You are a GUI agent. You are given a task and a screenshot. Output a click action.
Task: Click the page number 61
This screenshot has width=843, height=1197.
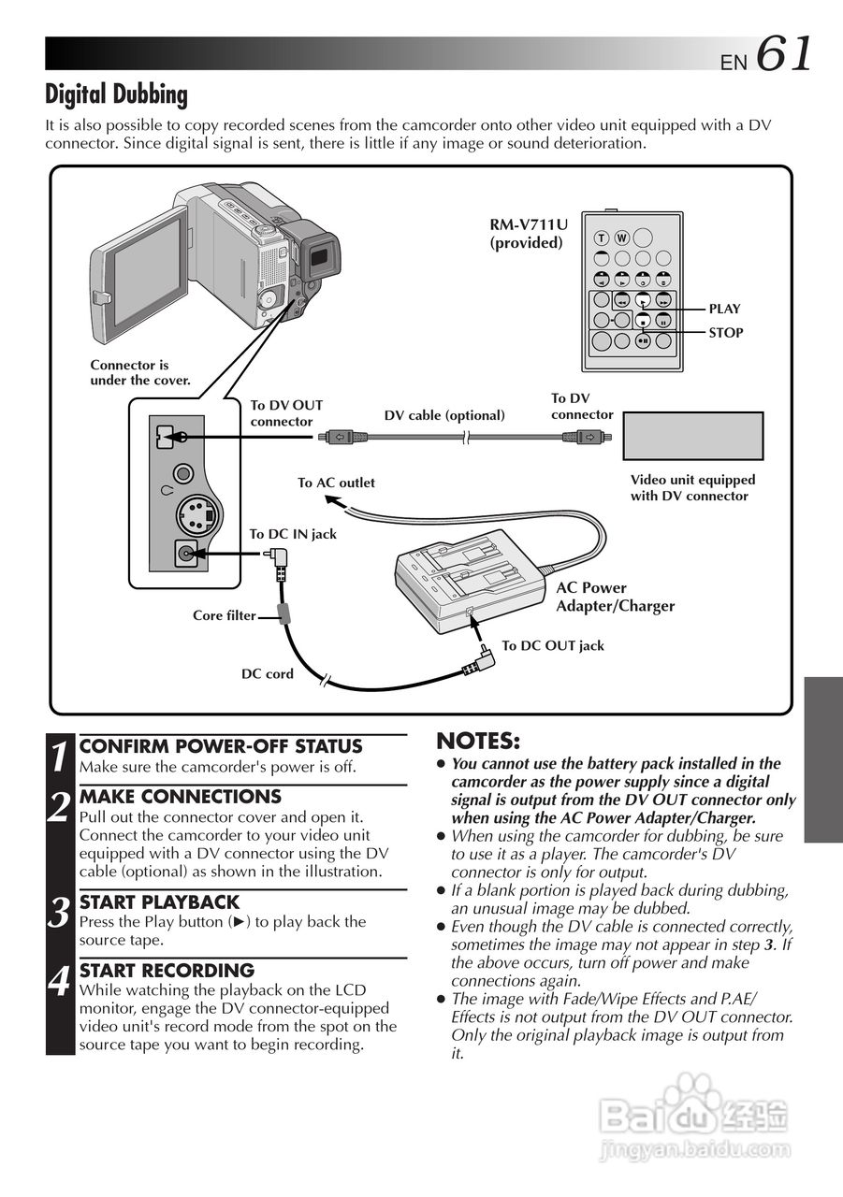click(783, 53)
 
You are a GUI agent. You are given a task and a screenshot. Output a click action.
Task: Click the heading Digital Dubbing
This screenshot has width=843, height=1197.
click(116, 94)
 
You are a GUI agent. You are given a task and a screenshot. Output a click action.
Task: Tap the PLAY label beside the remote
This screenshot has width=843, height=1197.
click(724, 309)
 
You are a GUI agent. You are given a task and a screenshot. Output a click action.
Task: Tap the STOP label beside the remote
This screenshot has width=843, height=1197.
click(725, 332)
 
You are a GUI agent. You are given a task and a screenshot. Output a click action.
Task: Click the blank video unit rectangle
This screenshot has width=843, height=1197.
click(693, 436)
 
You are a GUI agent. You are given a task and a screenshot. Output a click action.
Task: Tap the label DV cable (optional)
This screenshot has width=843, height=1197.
click(444, 415)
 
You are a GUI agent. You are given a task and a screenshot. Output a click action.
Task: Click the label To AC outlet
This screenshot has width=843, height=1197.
click(336, 483)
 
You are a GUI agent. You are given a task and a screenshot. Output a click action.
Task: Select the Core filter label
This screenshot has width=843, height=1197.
click(224, 615)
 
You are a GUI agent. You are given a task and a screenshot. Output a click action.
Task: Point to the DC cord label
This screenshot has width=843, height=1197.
click(268, 673)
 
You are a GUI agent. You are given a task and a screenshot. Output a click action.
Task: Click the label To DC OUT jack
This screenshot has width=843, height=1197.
click(553, 645)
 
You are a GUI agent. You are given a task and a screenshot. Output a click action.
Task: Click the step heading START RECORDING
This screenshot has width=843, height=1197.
click(167, 971)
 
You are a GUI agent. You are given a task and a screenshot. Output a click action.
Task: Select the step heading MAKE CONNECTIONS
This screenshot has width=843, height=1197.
click(180, 797)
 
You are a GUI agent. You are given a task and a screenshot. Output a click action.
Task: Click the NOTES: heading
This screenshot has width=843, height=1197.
click(478, 742)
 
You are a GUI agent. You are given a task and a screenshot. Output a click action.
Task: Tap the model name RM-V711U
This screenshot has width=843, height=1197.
click(528, 224)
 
